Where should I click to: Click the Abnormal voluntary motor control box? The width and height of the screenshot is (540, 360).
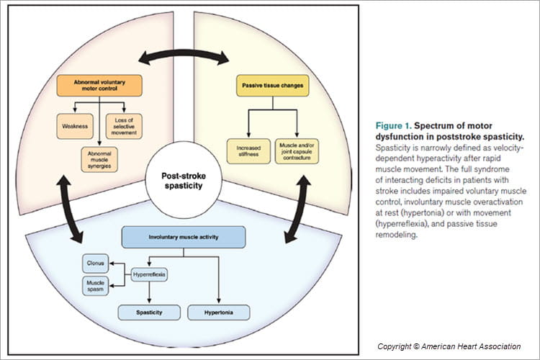(x=97, y=86)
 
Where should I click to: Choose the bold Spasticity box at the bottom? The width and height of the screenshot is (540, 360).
(x=148, y=312)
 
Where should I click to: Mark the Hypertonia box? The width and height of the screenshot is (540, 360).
(x=219, y=312)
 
